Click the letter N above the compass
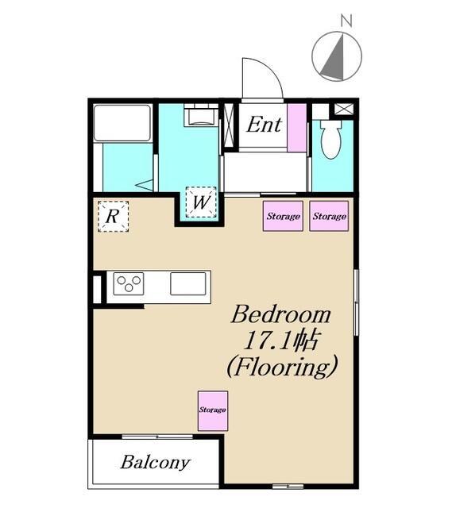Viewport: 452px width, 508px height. (346, 21)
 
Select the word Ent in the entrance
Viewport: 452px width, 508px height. (264, 125)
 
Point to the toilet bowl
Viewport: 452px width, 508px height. (330, 140)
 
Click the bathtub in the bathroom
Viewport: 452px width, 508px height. (122, 123)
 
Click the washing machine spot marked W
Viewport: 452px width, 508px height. (201, 202)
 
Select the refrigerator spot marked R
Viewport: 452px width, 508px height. (113, 216)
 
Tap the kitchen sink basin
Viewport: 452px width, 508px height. (188, 284)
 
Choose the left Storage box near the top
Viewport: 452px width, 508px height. (283, 216)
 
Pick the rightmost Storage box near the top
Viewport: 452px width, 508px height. (329, 216)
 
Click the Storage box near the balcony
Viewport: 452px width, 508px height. (213, 411)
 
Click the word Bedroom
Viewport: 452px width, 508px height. (280, 314)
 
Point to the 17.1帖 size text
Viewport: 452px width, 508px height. (280, 341)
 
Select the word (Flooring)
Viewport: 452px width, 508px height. (282, 367)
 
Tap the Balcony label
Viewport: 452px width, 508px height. (156, 463)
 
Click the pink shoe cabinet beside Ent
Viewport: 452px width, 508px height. (296, 128)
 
